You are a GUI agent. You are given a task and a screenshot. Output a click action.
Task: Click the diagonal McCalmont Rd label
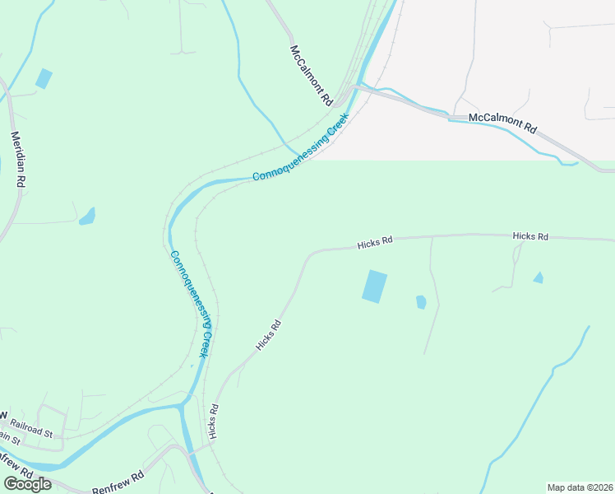310,76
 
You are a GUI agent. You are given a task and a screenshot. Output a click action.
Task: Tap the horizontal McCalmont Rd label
502,123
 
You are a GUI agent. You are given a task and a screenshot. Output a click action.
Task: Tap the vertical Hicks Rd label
213,421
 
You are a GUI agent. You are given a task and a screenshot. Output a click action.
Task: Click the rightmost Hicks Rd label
530,236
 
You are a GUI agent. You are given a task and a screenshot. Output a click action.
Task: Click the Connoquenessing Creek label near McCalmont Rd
301,148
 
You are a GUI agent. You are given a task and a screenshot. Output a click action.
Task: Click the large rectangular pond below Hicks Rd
374,287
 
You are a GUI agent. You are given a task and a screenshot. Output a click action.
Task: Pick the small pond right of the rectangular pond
421,302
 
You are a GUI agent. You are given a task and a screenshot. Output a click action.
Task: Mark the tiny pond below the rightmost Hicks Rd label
538,278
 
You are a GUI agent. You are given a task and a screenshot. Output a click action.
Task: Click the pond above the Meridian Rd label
44,79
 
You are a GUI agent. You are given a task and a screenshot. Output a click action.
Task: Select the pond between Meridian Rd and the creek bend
86,217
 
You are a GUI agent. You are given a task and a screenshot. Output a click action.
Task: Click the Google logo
26,484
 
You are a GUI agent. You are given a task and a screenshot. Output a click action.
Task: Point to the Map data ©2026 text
580,487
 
